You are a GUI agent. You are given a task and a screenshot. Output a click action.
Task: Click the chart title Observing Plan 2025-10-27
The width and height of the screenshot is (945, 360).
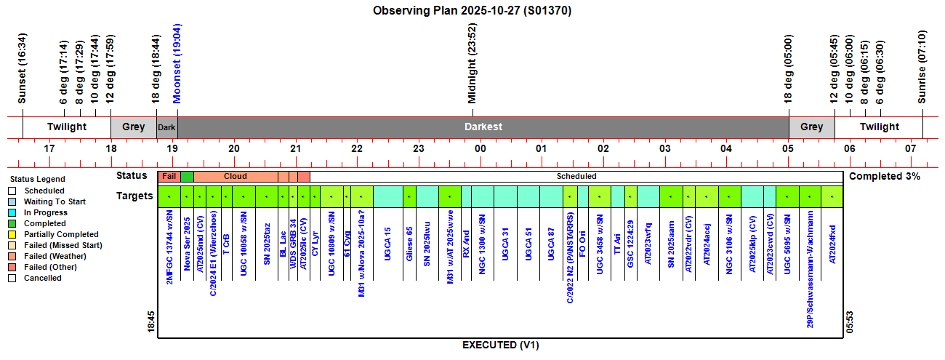473,10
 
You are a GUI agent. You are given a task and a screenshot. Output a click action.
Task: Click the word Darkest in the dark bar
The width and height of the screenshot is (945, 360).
483,127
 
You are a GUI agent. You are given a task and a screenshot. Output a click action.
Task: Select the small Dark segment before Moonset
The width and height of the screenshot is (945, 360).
167,127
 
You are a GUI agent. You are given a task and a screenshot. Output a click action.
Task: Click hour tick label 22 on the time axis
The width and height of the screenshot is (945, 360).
357,148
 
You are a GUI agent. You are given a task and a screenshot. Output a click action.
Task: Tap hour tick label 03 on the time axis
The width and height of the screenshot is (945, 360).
664,148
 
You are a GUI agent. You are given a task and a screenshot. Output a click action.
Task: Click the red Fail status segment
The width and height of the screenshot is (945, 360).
169,176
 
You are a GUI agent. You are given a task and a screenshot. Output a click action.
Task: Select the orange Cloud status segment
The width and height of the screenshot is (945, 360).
235,176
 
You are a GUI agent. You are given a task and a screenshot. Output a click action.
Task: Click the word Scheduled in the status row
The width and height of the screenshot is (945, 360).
576,176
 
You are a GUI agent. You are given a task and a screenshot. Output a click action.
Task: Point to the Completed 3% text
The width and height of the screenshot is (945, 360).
885,176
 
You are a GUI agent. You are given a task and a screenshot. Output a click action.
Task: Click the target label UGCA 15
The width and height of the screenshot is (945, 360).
387,244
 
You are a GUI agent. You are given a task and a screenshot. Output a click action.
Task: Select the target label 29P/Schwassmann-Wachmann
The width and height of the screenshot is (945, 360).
810,269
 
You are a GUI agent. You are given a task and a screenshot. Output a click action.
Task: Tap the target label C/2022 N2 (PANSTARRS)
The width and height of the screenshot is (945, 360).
571,257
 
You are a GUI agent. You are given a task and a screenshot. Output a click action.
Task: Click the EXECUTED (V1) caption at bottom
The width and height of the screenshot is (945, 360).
500,345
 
